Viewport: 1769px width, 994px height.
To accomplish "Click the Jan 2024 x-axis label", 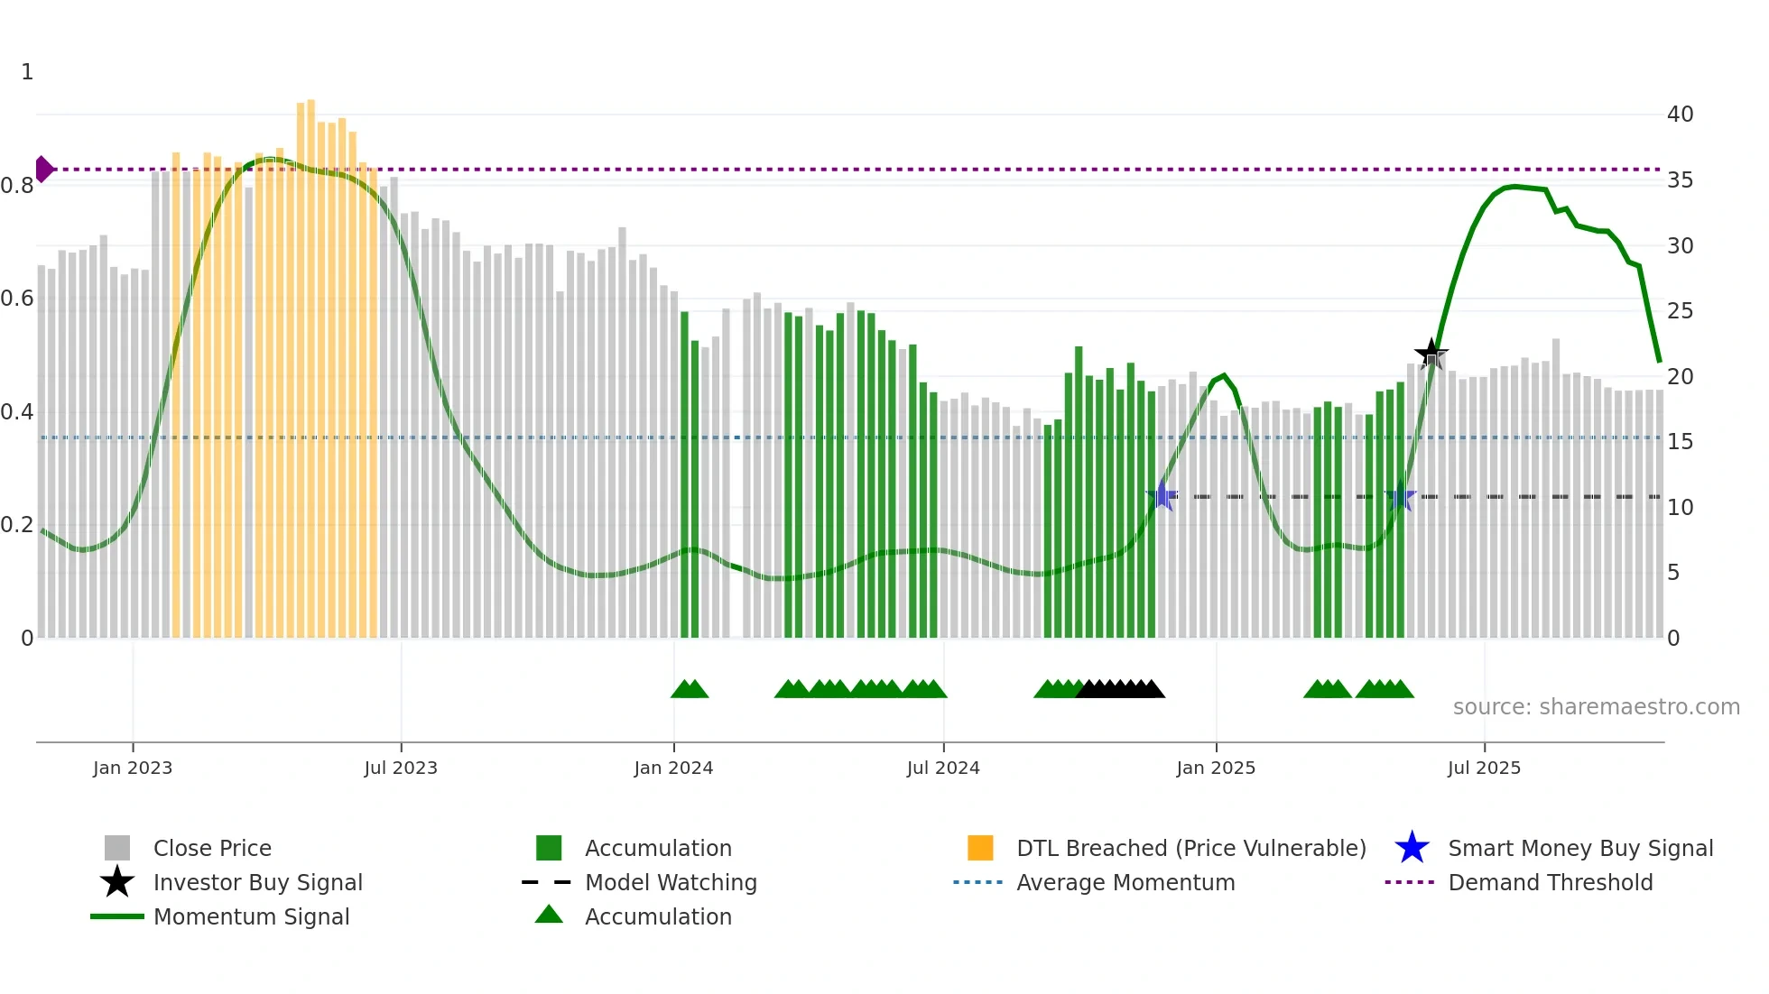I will point(673,768).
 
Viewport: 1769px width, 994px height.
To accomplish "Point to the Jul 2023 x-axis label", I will point(401,768).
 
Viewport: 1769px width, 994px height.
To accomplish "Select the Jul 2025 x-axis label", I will point(1484,768).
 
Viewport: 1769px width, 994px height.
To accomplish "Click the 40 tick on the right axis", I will point(1680,115).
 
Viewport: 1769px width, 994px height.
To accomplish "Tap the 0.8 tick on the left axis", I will point(18,186).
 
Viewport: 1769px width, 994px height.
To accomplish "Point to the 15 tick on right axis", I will point(1680,442).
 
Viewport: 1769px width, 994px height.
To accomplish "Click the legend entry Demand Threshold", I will point(1550,882).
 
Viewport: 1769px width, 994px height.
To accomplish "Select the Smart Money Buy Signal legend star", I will point(1412,848).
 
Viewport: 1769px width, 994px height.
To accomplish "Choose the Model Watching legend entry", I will point(670,882).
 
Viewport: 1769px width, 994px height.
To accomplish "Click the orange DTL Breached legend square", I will point(980,848).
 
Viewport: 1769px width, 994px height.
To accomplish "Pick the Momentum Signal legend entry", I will point(251,916).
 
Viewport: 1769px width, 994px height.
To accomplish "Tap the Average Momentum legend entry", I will point(1125,882).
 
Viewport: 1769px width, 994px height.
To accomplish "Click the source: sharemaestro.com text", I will point(1596,707).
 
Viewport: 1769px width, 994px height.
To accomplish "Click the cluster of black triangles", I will point(1119,689).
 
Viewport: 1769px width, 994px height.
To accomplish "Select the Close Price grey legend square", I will point(117,848).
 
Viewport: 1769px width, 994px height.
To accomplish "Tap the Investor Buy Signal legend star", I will point(117,882).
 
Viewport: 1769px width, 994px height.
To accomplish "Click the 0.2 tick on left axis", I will point(18,525).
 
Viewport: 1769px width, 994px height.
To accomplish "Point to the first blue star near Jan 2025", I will point(1162,495).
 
